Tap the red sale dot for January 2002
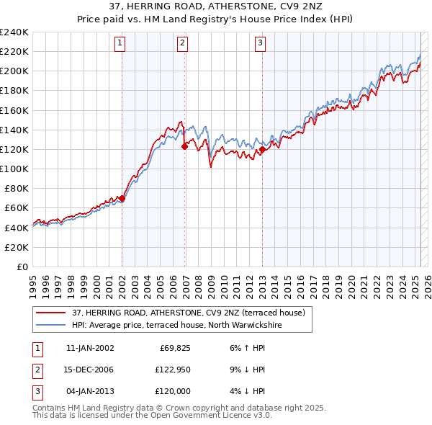(x=122, y=198)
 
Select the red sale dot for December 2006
(x=185, y=146)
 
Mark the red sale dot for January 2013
(x=262, y=149)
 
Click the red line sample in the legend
(x=51, y=313)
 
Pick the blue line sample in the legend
(x=51, y=325)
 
